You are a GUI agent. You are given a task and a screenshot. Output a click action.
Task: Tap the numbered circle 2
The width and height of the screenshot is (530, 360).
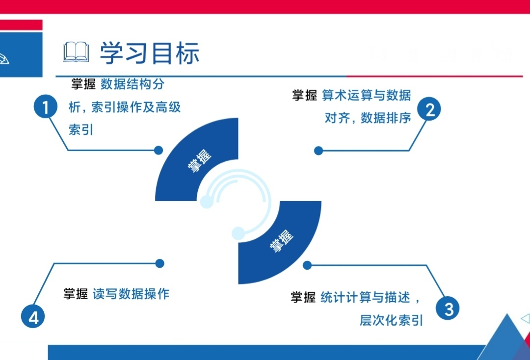click(x=429, y=110)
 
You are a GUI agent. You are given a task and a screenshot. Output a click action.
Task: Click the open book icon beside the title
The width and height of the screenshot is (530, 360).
click(x=76, y=52)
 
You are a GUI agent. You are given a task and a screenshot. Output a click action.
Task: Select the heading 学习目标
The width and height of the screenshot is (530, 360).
click(x=150, y=53)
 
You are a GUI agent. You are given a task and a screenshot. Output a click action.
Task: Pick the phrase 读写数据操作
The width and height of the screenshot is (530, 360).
click(x=131, y=294)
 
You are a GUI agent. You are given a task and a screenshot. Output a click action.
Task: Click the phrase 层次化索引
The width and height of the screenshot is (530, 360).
click(x=391, y=320)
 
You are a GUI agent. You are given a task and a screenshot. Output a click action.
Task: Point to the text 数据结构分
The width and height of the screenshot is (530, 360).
click(x=132, y=84)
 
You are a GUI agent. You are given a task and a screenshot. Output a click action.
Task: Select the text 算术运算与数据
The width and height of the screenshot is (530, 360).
click(x=366, y=95)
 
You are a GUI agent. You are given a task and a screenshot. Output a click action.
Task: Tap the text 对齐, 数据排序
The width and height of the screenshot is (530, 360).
click(x=368, y=118)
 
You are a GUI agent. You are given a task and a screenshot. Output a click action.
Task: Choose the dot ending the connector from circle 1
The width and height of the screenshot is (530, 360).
click(x=159, y=150)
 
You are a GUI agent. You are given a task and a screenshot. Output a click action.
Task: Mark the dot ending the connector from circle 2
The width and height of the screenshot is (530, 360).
click(x=318, y=151)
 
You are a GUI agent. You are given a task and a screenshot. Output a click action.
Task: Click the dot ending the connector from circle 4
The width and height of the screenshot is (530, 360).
click(x=159, y=263)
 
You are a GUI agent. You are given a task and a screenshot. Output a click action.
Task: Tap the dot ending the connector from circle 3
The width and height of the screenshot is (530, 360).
click(x=307, y=265)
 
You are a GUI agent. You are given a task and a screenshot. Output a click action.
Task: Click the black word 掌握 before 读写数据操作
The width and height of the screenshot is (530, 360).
click(x=76, y=294)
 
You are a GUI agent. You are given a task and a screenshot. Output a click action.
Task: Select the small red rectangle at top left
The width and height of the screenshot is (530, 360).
click(x=21, y=25)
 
